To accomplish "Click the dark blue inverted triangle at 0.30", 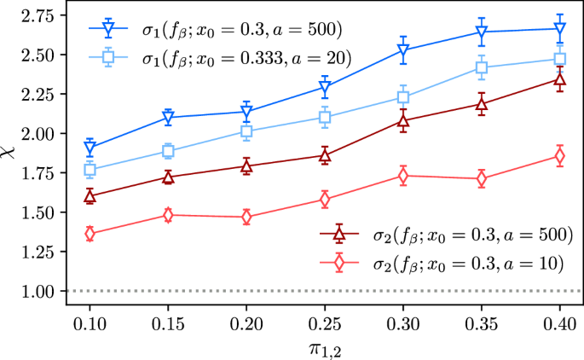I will coord(403,49).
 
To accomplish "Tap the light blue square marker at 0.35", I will coord(482,68).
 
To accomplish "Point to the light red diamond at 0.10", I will coord(90,234).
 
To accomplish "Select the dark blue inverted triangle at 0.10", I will coord(90,148).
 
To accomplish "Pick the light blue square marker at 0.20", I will coord(246,131).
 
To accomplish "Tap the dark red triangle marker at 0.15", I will coord(168,177).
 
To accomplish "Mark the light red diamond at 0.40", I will coord(560,156).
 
